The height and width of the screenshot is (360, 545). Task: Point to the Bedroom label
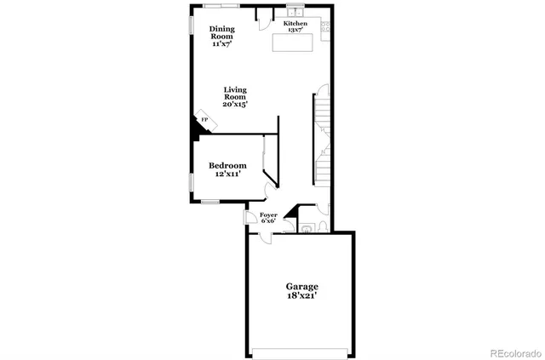(x=227, y=165)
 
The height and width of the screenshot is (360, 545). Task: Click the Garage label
(x=302, y=287)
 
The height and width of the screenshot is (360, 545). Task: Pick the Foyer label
(x=269, y=215)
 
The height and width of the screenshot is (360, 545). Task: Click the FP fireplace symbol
(x=204, y=120)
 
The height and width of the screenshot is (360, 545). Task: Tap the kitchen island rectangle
(x=293, y=43)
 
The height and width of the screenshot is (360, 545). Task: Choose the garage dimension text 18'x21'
(x=302, y=299)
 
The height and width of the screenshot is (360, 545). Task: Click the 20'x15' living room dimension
(x=235, y=105)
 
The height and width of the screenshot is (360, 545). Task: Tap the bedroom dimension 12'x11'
(x=227, y=174)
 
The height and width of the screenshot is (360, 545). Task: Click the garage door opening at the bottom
(x=301, y=351)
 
